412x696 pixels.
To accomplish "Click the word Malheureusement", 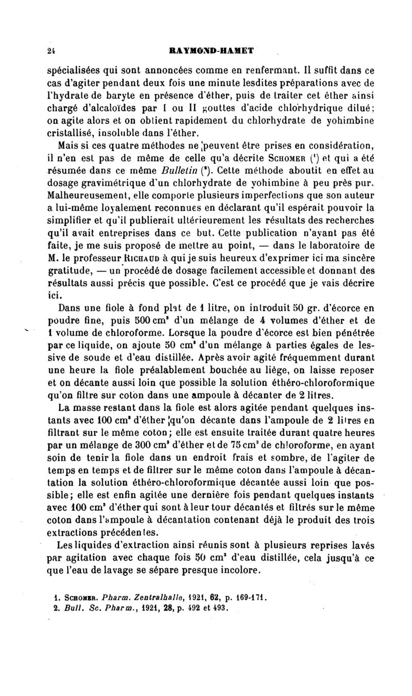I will point(83,195).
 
